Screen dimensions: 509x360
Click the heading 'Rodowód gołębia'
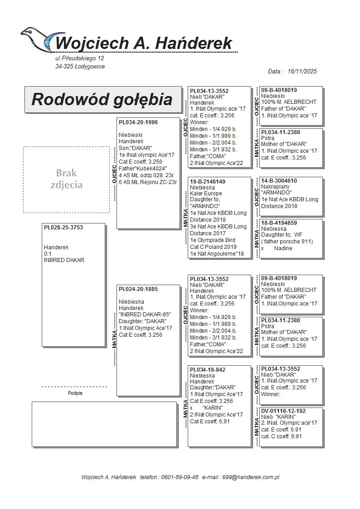(102, 99)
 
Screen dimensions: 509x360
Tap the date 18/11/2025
(302, 72)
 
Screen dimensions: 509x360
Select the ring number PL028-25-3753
(63, 228)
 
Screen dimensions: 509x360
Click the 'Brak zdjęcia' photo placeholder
(66, 179)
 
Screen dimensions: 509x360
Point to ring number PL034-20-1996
(138, 122)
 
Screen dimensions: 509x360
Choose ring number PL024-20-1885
(138, 289)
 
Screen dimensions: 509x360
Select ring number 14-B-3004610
(279, 181)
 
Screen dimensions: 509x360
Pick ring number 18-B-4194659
(279, 223)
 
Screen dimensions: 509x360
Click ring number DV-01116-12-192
(283, 411)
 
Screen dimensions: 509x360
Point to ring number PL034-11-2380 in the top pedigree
(280, 132)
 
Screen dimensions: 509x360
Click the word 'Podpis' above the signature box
(75, 393)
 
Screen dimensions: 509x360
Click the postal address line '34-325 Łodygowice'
(80, 67)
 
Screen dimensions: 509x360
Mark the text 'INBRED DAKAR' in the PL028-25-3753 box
(64, 260)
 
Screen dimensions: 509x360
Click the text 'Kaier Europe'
(206, 194)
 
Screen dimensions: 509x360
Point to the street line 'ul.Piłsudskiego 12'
(80, 58)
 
